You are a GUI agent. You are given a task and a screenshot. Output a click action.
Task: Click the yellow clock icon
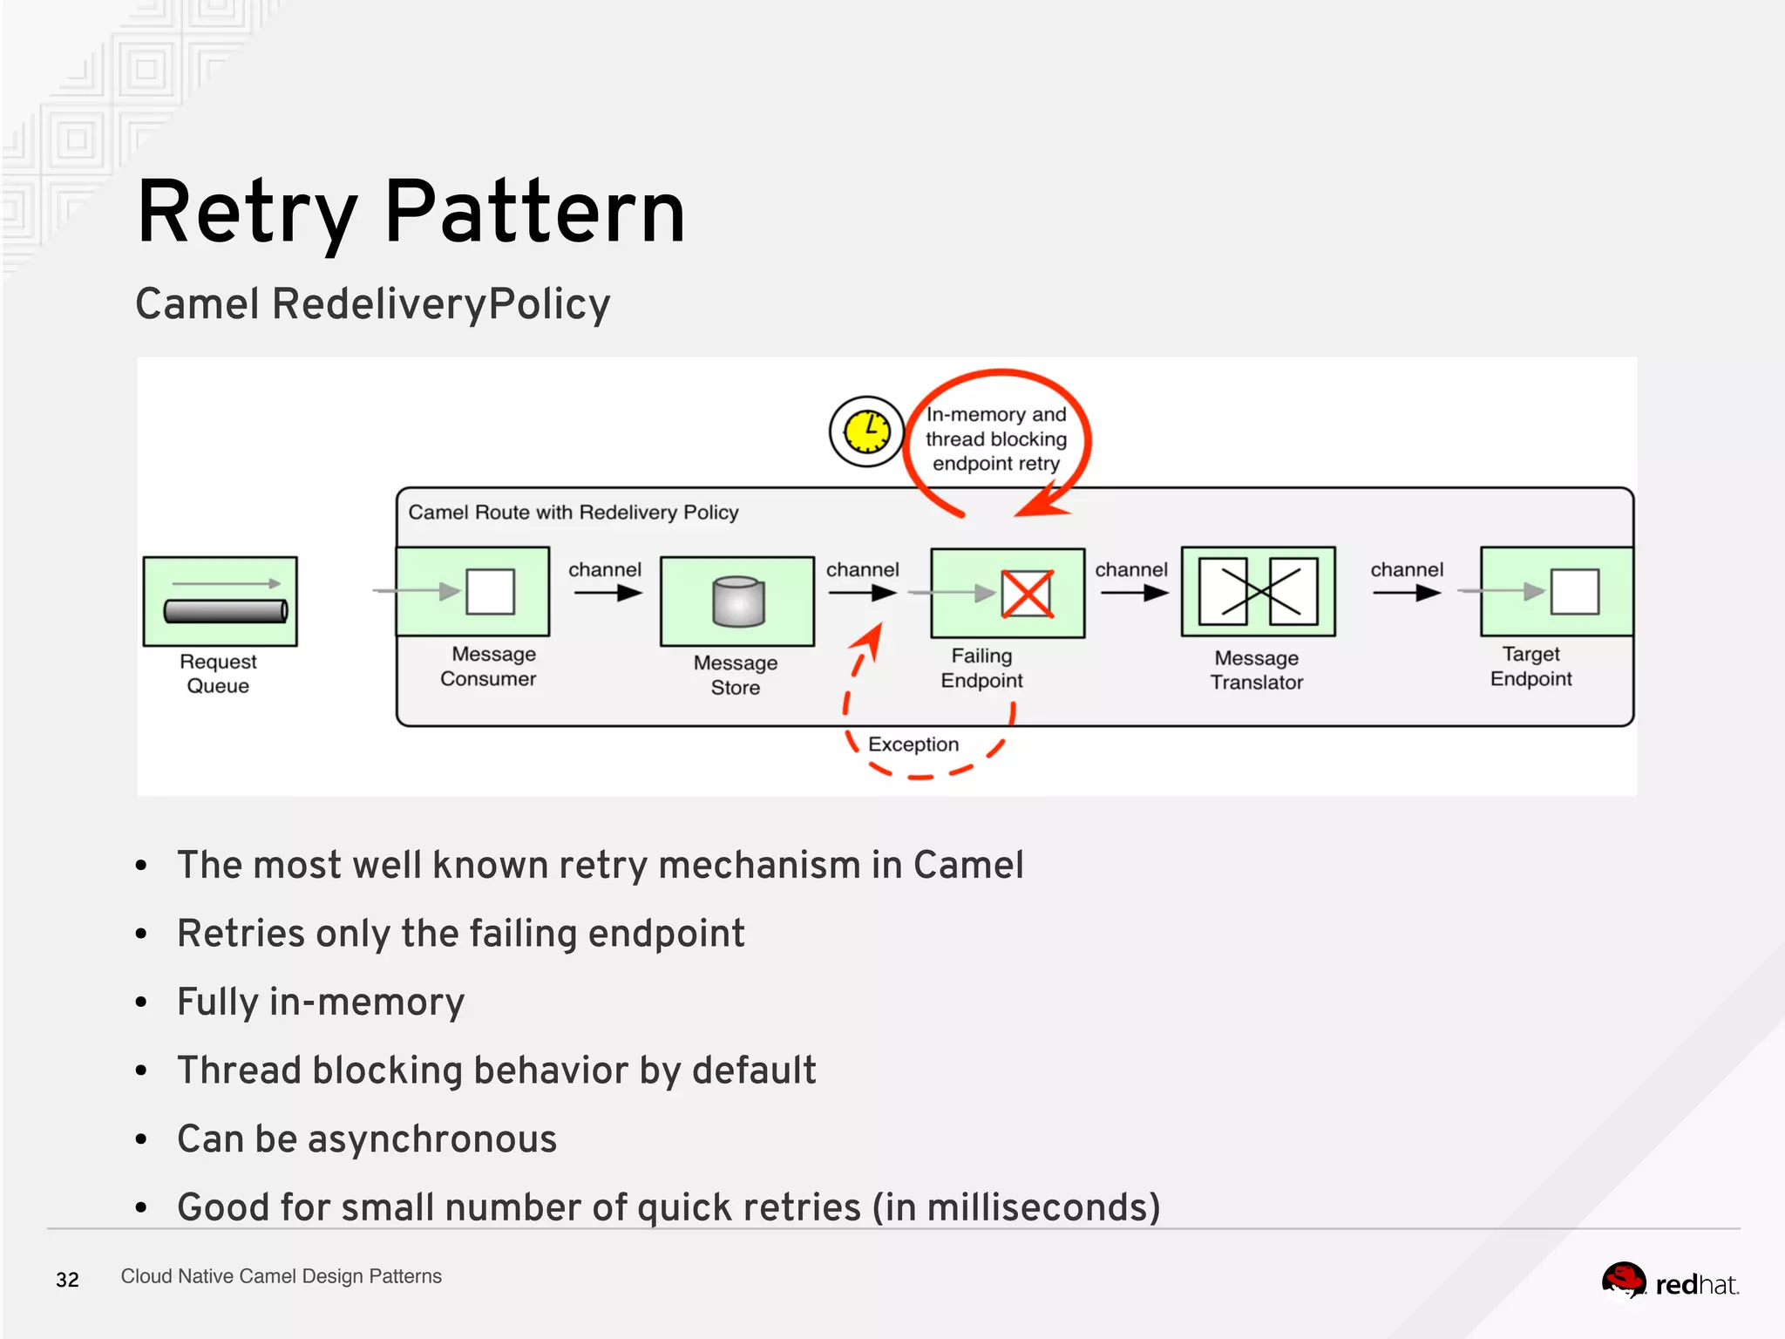coord(866,432)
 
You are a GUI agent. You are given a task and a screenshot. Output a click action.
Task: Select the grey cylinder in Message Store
coord(738,602)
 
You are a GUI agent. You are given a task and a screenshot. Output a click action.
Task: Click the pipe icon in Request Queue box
coord(226,610)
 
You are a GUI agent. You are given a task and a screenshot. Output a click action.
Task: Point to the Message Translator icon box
coord(1258,592)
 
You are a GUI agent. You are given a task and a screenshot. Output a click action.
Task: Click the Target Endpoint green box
coord(1557,592)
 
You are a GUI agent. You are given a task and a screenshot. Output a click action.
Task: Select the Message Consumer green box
coord(473,592)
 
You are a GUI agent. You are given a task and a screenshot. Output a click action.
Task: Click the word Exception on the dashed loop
coord(913,744)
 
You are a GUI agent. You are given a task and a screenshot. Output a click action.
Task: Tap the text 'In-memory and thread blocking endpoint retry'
coord(995,439)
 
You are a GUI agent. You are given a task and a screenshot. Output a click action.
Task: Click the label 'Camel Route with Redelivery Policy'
coord(573,513)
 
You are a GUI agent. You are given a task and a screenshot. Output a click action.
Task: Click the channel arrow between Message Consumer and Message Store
coord(607,594)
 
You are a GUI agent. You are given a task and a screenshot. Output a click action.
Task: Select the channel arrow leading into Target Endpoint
coord(1406,594)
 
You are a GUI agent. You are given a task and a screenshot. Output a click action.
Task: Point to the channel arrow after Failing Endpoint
coord(1133,594)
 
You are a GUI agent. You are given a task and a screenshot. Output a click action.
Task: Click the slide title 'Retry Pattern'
coord(411,212)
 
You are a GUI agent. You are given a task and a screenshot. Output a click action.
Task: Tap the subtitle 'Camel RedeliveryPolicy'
coord(372,304)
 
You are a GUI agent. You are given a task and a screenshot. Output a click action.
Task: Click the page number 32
coord(67,1280)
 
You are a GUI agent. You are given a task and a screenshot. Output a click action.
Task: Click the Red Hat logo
coord(1669,1282)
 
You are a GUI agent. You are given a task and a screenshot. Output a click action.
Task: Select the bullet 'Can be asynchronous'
coord(367,1139)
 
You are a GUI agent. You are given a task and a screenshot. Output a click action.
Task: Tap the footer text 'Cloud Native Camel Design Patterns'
coord(281,1276)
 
